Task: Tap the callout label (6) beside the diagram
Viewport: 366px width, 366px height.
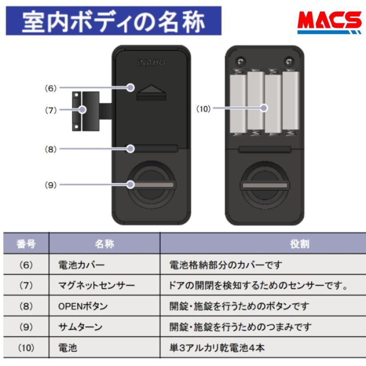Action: (x=51, y=88)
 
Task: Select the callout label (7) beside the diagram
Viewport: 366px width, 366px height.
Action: (x=51, y=110)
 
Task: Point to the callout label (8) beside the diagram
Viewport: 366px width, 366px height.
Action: (x=51, y=149)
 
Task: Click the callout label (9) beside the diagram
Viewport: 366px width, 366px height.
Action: (x=51, y=185)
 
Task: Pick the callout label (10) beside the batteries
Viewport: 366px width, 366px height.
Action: (x=204, y=108)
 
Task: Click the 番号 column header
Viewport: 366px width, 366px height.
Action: (x=26, y=244)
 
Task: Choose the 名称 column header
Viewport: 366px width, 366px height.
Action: (x=104, y=244)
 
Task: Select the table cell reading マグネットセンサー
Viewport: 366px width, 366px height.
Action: (x=97, y=286)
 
